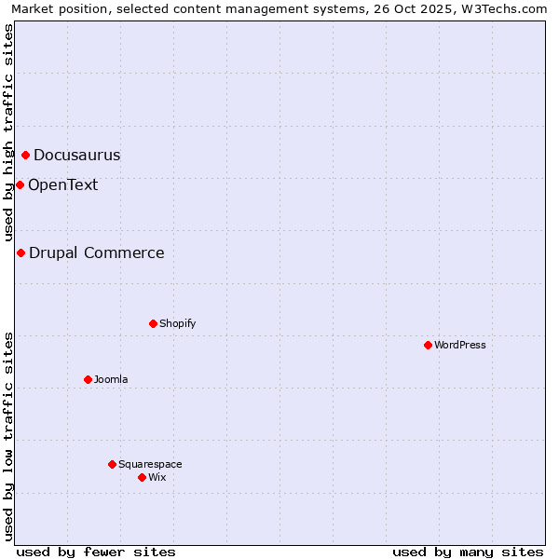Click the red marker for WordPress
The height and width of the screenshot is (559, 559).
[428, 345]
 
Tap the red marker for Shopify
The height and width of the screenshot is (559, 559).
[153, 323]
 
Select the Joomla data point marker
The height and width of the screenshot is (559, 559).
[88, 379]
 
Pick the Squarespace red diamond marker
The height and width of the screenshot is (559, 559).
[112, 464]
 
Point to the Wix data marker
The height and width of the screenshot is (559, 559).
[142, 477]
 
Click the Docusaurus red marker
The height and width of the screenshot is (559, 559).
[25, 156]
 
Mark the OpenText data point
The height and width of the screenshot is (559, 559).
[20, 184]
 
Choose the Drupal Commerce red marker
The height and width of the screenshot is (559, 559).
[20, 252]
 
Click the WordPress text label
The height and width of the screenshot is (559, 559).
[460, 345]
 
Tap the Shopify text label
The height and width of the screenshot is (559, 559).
[177, 323]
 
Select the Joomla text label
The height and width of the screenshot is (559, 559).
[111, 379]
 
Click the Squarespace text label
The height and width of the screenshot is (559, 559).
[150, 464]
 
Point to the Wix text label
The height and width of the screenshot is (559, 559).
[157, 477]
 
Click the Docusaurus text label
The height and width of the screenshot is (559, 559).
[77, 156]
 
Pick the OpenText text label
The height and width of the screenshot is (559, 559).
[62, 184]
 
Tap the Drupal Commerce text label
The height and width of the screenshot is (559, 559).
[97, 252]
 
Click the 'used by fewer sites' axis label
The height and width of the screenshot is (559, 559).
[96, 552]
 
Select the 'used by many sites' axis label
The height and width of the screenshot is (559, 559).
[468, 552]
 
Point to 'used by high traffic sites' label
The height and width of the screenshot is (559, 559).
[9, 133]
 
